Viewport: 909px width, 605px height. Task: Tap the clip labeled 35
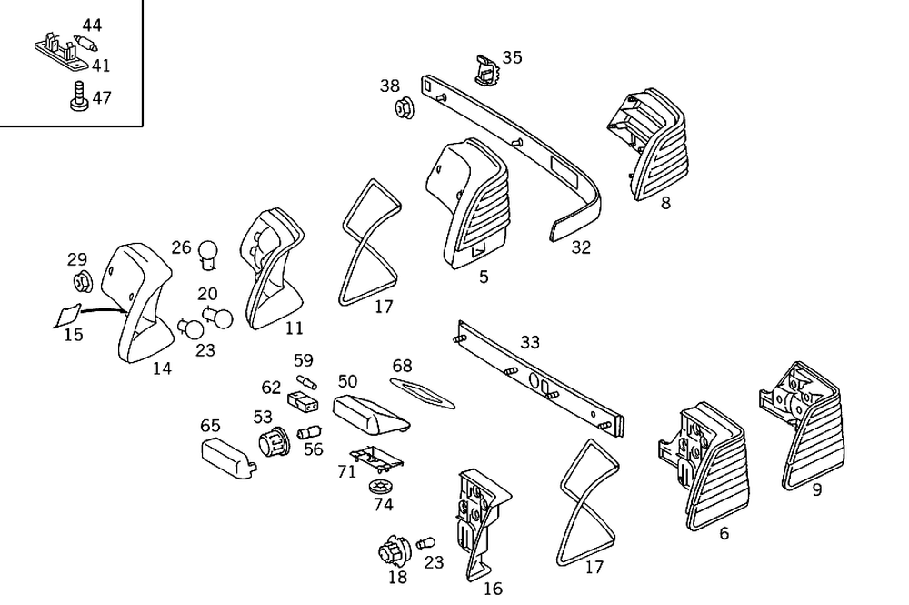tap(487, 70)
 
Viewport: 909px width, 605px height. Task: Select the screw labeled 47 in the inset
tap(78, 97)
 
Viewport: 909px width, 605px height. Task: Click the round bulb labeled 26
tap(209, 252)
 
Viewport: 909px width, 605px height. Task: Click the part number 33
tap(530, 342)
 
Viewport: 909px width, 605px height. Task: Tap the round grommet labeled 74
tap(382, 487)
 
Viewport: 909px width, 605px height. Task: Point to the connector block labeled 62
tap(301, 400)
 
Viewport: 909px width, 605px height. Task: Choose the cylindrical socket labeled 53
tap(270, 443)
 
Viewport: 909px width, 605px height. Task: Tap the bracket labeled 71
tap(373, 459)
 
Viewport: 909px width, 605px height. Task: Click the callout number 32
tap(581, 247)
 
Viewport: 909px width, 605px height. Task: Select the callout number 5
tap(484, 277)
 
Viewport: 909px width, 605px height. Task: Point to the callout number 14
tap(162, 368)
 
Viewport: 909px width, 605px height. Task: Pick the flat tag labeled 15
tap(66, 315)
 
